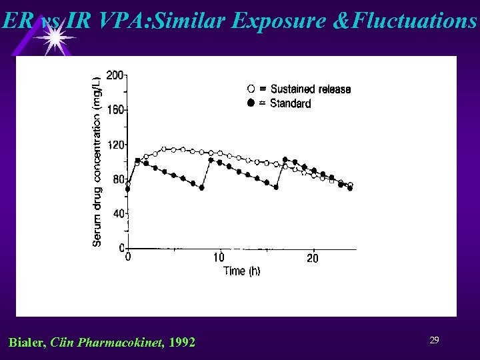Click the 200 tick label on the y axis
(x=115, y=75)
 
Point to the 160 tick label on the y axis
(x=115, y=110)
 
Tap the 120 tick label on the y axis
(x=115, y=145)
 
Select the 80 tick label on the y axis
(x=118, y=179)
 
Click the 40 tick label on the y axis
(x=118, y=214)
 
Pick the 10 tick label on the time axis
(x=219, y=258)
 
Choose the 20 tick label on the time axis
(x=312, y=258)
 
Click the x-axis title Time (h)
(x=241, y=271)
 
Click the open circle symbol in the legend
(x=251, y=89)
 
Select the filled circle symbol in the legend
(x=251, y=103)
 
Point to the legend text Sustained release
(x=311, y=89)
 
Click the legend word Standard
(x=291, y=103)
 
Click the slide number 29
(x=434, y=341)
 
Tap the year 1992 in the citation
(x=183, y=343)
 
